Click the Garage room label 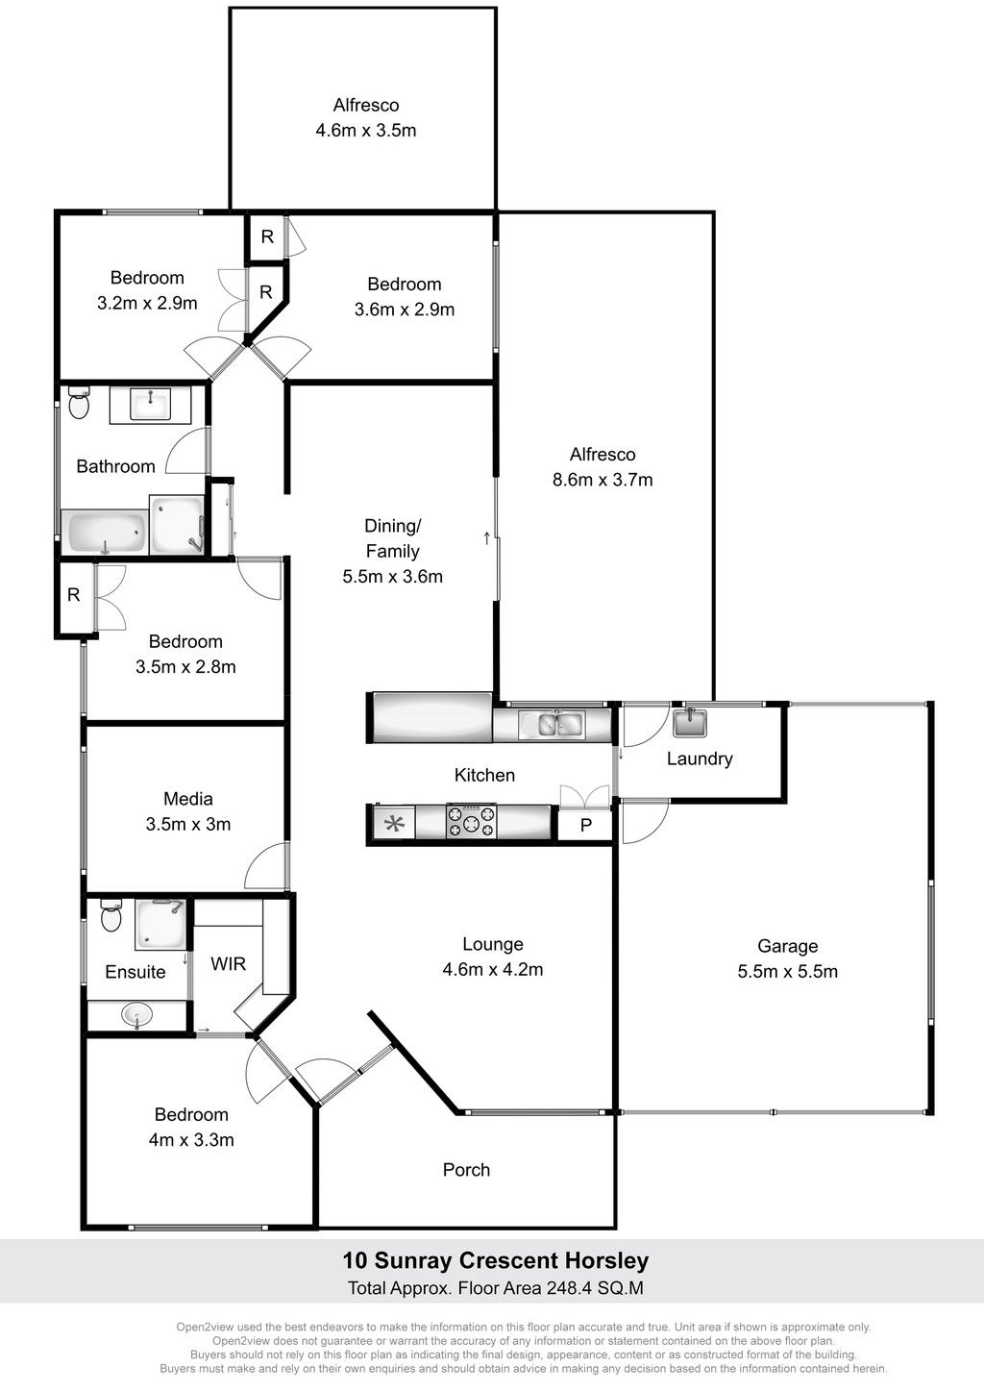point(787,946)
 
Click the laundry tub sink point(690,722)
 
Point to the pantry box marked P point(585,825)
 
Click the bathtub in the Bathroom point(107,532)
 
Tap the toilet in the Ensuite point(111,915)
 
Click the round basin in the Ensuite point(136,1015)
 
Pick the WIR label point(228,964)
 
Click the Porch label point(466,1170)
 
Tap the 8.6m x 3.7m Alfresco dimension point(603,479)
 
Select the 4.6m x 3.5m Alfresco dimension point(366,131)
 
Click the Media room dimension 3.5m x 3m point(188,824)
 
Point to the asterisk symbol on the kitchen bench point(395,824)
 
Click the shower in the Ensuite point(160,925)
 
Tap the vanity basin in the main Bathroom point(150,404)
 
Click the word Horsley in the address point(606,1260)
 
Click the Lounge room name point(493,944)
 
